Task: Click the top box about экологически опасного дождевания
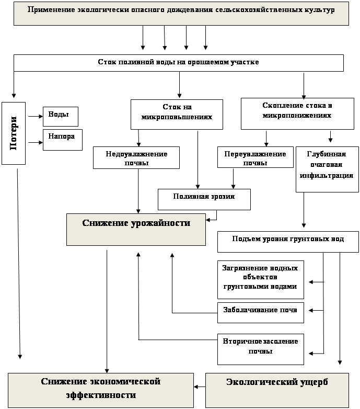181,14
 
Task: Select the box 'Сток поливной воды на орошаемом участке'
178,63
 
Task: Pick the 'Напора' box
62,140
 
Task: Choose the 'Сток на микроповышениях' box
177,114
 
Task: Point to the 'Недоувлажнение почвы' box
136,157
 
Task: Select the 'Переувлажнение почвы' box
255,157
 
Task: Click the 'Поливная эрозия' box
204,199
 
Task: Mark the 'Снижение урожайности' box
136,229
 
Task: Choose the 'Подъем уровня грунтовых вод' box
287,241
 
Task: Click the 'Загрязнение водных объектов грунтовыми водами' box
260,279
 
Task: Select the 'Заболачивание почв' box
260,311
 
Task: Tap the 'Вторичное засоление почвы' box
260,348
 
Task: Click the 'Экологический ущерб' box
277,390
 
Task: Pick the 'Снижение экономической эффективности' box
100,390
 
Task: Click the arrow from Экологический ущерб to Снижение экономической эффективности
199,388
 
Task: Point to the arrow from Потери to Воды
36,117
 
